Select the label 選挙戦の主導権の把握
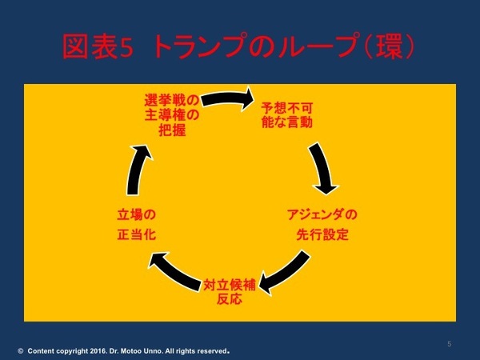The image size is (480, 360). tap(171, 114)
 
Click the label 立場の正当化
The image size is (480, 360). tap(134, 225)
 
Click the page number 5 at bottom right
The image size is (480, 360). tap(450, 344)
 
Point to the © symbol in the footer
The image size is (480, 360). tap(20, 350)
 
